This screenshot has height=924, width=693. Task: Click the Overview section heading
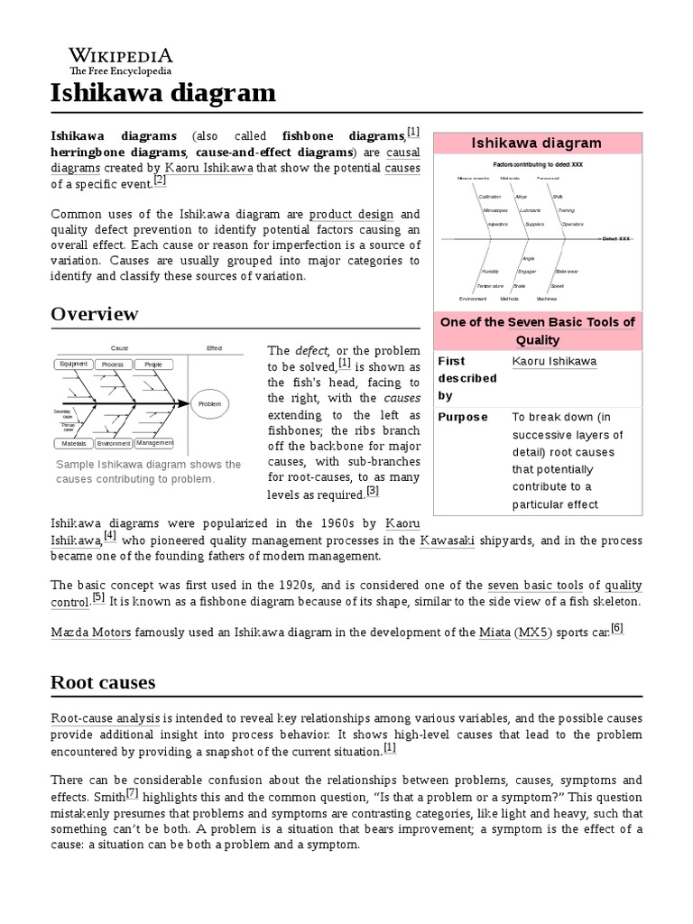(95, 314)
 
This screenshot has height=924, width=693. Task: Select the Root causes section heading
(103, 682)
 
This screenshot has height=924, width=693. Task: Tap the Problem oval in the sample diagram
(209, 404)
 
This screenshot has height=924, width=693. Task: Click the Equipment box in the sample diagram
(73, 364)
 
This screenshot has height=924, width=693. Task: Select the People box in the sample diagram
(153, 364)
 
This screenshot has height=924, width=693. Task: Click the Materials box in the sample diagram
(73, 444)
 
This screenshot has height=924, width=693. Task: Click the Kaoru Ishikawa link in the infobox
(554, 361)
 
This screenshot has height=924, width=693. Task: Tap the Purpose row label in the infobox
(462, 417)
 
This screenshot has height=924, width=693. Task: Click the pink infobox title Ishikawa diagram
(536, 143)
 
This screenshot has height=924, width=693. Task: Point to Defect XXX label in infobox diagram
(617, 238)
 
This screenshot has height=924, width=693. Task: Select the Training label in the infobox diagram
(567, 209)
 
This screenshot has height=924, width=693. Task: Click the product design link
(352, 214)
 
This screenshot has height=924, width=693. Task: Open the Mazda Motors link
(90, 633)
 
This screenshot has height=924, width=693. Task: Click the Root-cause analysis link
(106, 718)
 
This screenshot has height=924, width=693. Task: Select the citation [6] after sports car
(617, 628)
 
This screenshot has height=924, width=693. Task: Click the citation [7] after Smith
(132, 793)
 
